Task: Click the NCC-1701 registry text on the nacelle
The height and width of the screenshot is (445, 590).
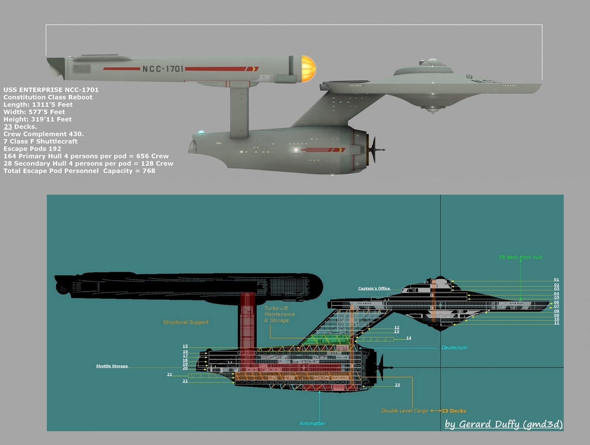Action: pyautogui.click(x=162, y=69)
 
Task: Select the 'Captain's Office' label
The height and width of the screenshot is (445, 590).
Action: pyautogui.click(x=374, y=288)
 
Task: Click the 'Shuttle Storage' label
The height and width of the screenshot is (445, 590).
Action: pyautogui.click(x=112, y=366)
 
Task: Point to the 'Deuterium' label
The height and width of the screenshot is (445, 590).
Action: pyautogui.click(x=454, y=348)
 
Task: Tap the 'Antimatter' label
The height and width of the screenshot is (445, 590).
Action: pyautogui.click(x=313, y=423)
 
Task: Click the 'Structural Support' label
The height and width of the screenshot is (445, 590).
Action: pyautogui.click(x=186, y=322)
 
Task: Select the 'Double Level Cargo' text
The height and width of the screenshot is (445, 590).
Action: pyautogui.click(x=404, y=411)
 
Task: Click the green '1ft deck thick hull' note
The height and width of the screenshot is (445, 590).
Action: pyautogui.click(x=520, y=257)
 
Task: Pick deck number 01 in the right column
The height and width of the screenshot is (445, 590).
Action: pyautogui.click(x=556, y=280)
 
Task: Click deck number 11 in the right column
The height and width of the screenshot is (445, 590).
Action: pyautogui.click(x=556, y=323)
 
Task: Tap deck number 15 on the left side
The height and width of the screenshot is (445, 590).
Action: pyautogui.click(x=185, y=346)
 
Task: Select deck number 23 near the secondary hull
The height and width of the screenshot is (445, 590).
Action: pyautogui.click(x=397, y=385)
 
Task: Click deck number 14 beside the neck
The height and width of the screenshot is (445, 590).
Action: pyautogui.click(x=408, y=338)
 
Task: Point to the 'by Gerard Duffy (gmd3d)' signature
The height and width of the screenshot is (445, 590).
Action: pyautogui.click(x=503, y=424)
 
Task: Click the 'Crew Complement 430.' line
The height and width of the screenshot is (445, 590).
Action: pyautogui.click(x=44, y=134)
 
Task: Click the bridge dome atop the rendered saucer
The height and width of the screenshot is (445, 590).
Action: pyautogui.click(x=431, y=62)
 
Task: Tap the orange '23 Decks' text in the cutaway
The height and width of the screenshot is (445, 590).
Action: pyautogui.click(x=454, y=411)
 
